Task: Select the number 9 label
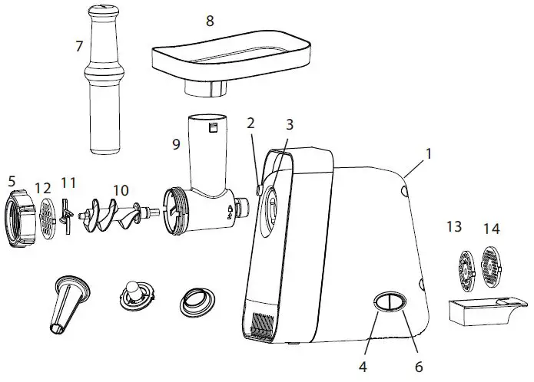click(176, 143)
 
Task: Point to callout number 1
click(429, 153)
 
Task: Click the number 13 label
click(455, 227)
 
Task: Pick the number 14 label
click(491, 228)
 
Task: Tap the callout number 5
click(12, 182)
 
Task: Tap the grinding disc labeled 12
click(48, 217)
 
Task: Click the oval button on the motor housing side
click(390, 301)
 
